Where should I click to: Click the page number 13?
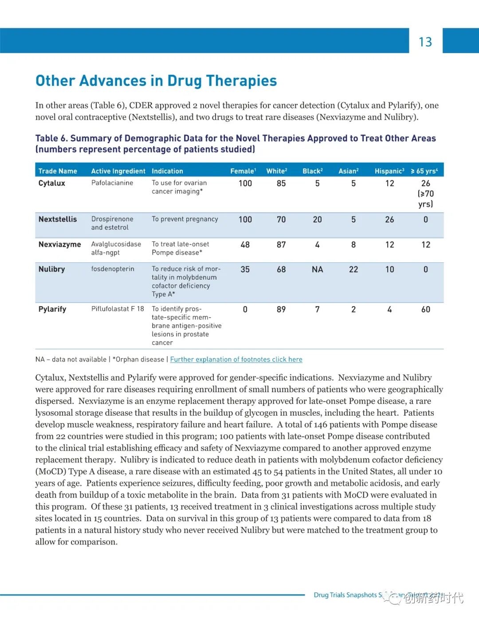[425, 42]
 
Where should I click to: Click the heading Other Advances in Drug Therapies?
[156, 81]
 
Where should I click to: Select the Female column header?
[243, 171]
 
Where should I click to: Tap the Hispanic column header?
[389, 171]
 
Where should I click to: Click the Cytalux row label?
[52, 183]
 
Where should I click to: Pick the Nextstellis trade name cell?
[58, 219]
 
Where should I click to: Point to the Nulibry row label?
[52, 269]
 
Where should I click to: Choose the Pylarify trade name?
[52, 309]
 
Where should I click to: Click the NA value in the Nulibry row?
[317, 269]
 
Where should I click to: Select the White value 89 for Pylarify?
[281, 309]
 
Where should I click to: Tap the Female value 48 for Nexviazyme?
[245, 245]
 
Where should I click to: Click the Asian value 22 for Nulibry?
[353, 269]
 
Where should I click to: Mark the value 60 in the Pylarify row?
[426, 309]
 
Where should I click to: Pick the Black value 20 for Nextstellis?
[317, 219]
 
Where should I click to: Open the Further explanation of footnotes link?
[236, 359]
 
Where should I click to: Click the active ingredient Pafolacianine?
[112, 183]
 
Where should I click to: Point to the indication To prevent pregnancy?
[185, 219]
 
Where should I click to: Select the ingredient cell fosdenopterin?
[113, 269]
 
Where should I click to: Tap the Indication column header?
[167, 171]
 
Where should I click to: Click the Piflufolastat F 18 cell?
[118, 309]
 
